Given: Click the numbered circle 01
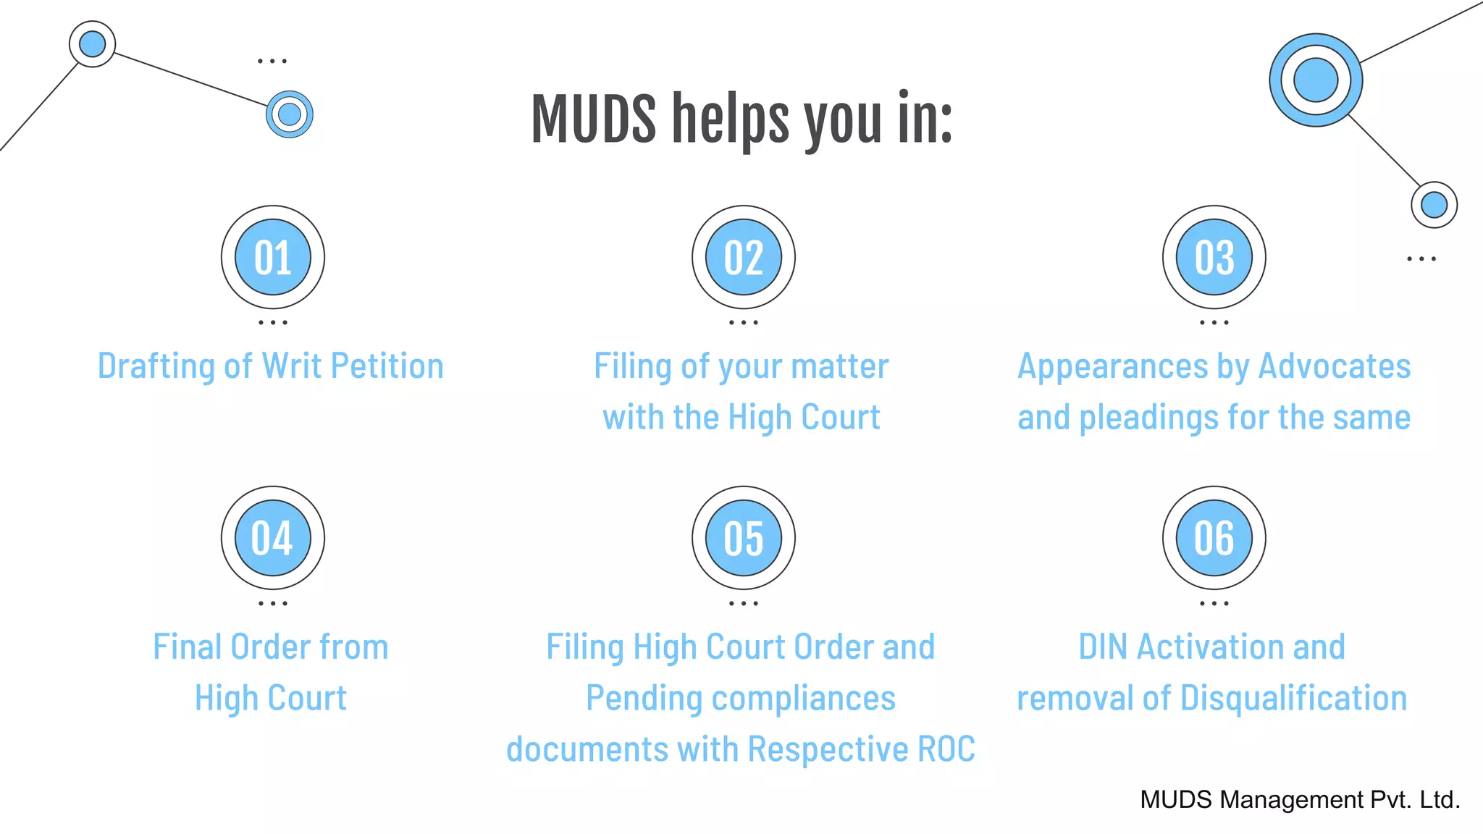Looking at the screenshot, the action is [x=273, y=257].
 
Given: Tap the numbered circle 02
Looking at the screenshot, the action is [x=744, y=257].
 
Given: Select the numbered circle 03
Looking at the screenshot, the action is [x=1214, y=257].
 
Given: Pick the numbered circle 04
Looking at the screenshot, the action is [x=273, y=538].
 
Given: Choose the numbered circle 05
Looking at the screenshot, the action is [x=744, y=538].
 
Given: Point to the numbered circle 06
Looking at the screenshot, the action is [x=1214, y=538].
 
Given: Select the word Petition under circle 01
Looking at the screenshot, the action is [x=387, y=366].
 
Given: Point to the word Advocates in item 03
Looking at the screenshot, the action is [x=1335, y=366].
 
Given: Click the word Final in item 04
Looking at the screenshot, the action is [x=187, y=646].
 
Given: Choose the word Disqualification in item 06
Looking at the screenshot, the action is [x=1293, y=698].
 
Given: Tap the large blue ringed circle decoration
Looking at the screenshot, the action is [x=1316, y=80].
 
